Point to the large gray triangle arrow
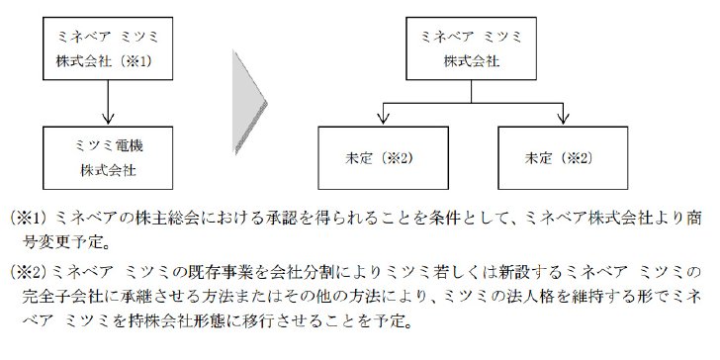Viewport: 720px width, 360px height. (x=248, y=103)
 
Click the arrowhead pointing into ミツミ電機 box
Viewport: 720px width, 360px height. (x=108, y=118)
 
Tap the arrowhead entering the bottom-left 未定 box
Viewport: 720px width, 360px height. (x=383, y=118)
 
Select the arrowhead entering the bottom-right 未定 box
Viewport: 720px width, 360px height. (x=563, y=118)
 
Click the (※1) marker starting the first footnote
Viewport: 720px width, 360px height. (x=29, y=219)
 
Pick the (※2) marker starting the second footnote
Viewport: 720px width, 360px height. (x=29, y=273)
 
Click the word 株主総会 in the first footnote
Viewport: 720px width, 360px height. (x=164, y=219)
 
